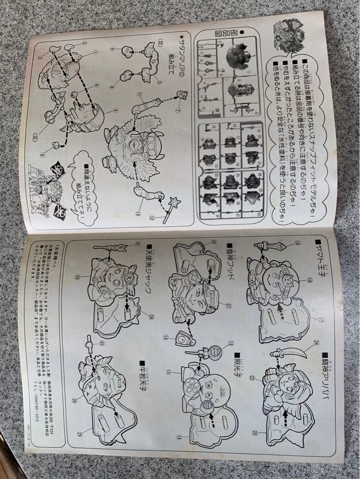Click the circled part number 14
coord(179,436)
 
